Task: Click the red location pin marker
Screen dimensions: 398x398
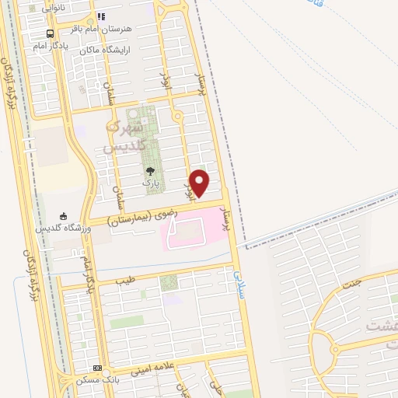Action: tap(200, 183)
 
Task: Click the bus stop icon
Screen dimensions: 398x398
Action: tap(51, 33)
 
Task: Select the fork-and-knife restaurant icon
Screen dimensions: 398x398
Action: tap(102, 16)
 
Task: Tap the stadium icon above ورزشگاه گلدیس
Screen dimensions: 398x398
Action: tap(64, 216)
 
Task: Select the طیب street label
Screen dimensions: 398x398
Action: tap(125, 278)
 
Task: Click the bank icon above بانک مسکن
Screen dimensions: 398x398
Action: tap(97, 368)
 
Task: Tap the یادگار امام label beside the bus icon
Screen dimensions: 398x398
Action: tap(51, 46)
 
